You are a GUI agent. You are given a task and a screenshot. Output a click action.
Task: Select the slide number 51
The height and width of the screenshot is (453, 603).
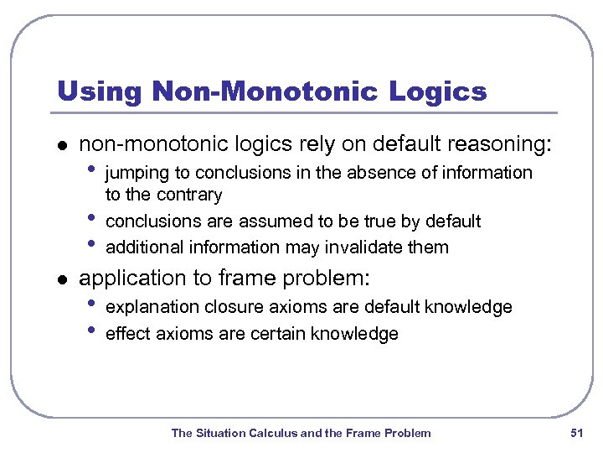point(575,433)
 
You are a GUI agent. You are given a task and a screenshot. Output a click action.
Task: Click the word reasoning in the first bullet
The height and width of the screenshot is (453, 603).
point(502,144)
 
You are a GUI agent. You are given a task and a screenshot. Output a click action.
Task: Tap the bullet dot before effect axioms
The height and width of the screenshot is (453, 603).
point(91,331)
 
